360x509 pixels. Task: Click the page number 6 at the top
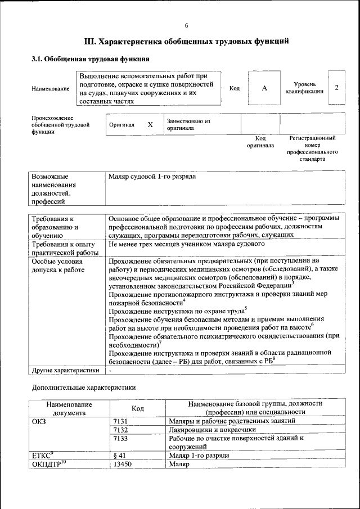point(186,25)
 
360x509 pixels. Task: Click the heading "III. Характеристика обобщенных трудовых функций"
point(186,41)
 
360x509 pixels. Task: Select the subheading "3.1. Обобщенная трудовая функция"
point(91,58)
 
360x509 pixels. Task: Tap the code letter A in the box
point(264,88)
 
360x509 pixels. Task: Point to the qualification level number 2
point(336,88)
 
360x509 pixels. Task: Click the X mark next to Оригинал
point(150,124)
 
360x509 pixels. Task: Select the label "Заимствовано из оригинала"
point(188,124)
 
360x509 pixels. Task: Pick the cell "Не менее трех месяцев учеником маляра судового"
point(186,244)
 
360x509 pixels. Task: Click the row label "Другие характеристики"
point(65,370)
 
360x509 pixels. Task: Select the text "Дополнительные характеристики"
point(84,388)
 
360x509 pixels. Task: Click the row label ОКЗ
point(39,421)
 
